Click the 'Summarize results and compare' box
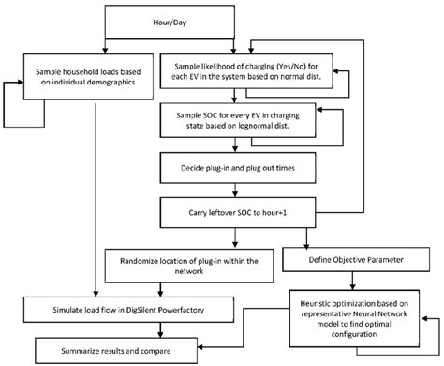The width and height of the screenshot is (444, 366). pos(121,349)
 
